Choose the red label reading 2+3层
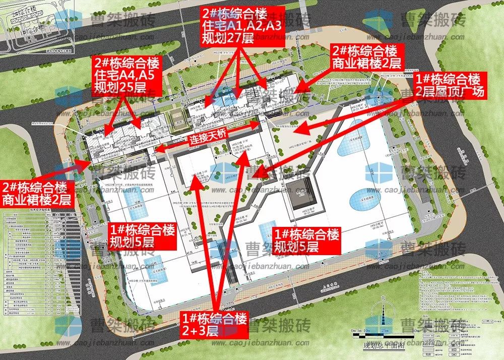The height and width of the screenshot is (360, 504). point(215,324)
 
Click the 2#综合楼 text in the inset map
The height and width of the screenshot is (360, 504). point(20,10)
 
